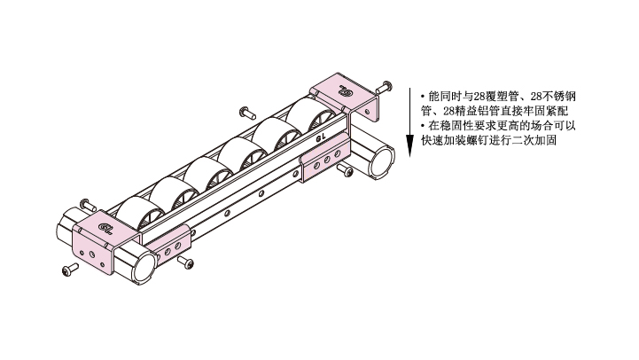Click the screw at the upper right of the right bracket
[x=384, y=87]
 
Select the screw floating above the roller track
[x=246, y=112]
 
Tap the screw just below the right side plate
[x=345, y=169]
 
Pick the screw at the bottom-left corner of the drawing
[x=70, y=269]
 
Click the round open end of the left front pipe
[x=144, y=268]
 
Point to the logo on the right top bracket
[x=345, y=90]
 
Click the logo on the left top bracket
[x=105, y=228]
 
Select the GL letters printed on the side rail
[x=321, y=137]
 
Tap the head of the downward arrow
[x=410, y=146]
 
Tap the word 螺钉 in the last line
[x=477, y=140]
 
